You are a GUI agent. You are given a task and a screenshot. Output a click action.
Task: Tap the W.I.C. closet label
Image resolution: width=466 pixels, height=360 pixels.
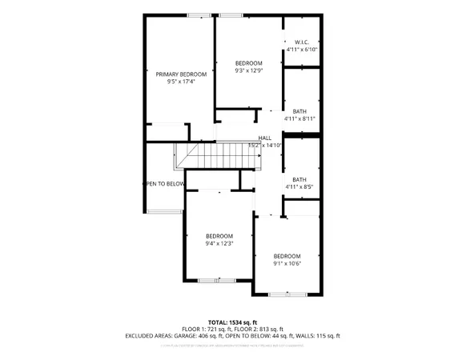pyautogui.click(x=302, y=42)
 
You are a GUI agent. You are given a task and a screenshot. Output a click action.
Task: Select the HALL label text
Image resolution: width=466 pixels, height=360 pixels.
pyautogui.click(x=265, y=138)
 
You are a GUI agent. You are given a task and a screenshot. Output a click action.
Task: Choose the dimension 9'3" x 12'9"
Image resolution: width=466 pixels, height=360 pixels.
pyautogui.click(x=248, y=70)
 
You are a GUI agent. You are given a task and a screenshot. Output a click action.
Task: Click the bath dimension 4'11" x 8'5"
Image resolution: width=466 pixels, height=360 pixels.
pyautogui.click(x=299, y=187)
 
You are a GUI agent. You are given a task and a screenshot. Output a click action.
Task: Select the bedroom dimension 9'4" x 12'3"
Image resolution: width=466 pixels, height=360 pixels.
pyautogui.click(x=219, y=243)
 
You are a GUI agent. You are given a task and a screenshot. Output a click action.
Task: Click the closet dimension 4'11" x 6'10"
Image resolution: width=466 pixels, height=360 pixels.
pyautogui.click(x=303, y=50)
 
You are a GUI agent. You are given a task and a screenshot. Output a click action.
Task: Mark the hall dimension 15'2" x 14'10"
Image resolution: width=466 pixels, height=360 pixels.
pyautogui.click(x=266, y=146)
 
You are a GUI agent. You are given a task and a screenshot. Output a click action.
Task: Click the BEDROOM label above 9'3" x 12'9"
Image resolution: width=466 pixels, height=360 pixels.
pyautogui.click(x=248, y=62)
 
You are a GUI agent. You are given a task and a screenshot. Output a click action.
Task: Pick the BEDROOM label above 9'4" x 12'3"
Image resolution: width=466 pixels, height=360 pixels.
pyautogui.click(x=219, y=236)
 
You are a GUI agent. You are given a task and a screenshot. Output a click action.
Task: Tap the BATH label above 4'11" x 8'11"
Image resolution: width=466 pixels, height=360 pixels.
pyautogui.click(x=300, y=111)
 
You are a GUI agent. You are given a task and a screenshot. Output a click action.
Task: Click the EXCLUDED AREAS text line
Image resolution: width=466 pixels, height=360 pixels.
pyautogui.click(x=232, y=336)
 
